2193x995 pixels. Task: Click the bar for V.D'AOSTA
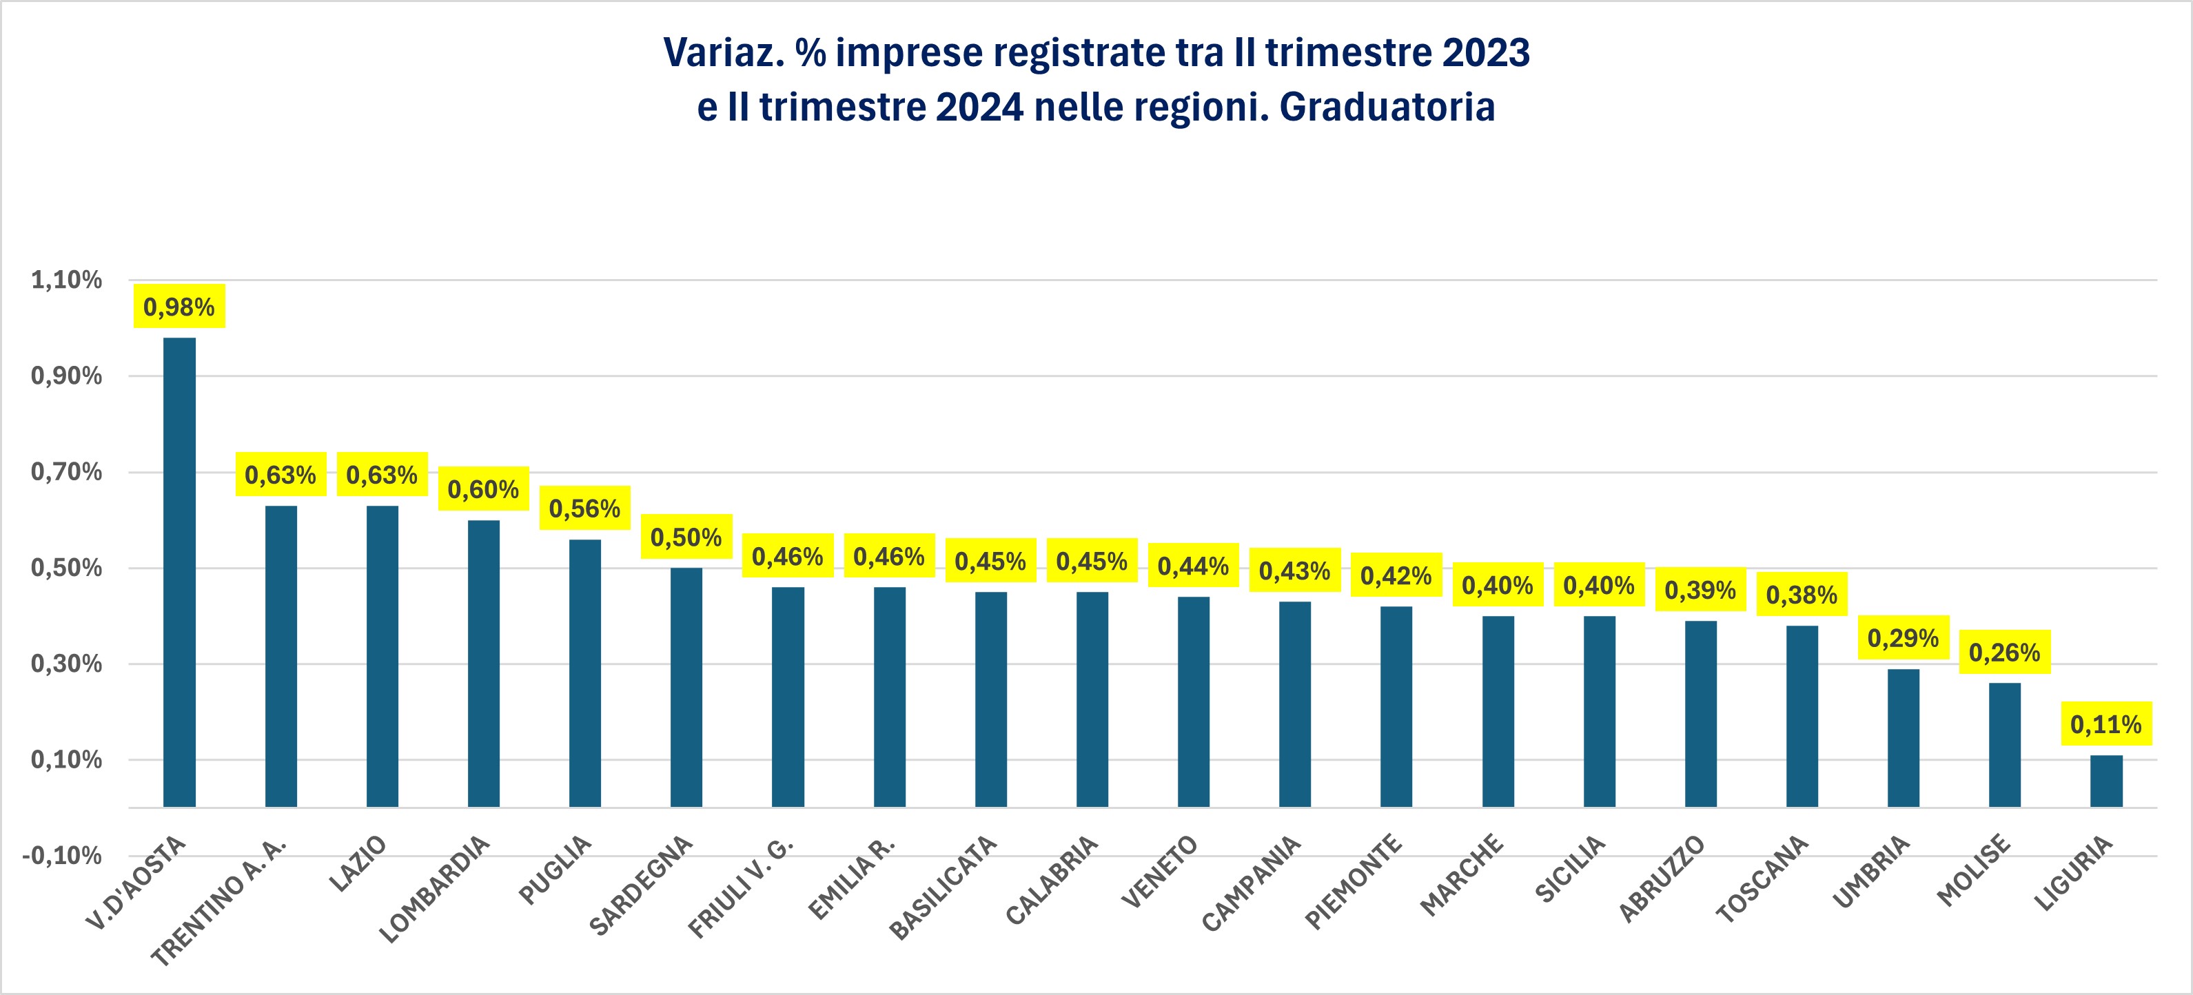coord(180,571)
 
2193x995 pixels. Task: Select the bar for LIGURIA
coord(2106,781)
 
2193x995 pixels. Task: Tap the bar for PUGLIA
coord(585,673)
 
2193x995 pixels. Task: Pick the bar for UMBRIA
coord(1904,737)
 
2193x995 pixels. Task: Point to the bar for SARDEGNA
coord(686,687)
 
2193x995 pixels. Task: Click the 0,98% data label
coord(178,307)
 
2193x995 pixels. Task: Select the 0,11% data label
coord(2106,724)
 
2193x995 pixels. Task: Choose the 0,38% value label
coord(1802,595)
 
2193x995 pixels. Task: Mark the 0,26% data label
coord(2005,653)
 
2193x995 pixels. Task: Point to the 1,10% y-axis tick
coord(66,280)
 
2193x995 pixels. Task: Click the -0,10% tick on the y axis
coord(62,855)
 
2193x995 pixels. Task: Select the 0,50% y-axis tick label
coord(66,568)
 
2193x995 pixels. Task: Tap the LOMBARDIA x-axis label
coord(435,890)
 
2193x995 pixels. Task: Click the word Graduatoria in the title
coord(1387,107)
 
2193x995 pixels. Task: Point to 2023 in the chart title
coord(1486,53)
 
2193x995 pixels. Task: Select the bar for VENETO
coord(1194,701)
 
